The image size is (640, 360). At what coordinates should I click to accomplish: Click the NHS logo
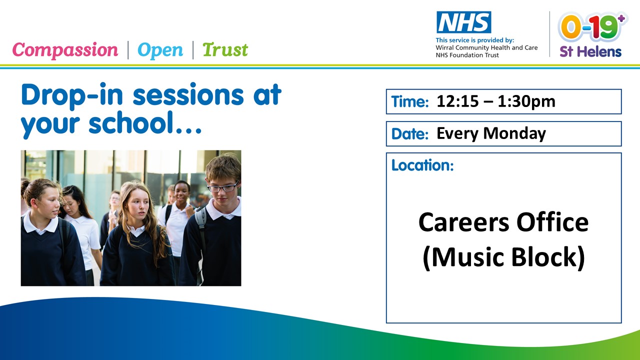pyautogui.click(x=463, y=22)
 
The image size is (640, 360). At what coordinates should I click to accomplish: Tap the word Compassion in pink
pyautogui.click(x=65, y=50)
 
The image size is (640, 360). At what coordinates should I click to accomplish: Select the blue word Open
pyautogui.click(x=160, y=50)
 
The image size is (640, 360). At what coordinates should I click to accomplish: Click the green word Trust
pyautogui.click(x=225, y=50)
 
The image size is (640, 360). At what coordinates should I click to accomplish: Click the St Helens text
pyautogui.click(x=590, y=51)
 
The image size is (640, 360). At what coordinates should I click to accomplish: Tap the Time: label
pyautogui.click(x=410, y=101)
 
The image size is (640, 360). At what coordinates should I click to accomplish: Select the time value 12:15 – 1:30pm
pyautogui.click(x=496, y=101)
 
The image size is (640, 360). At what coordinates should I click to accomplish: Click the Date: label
pyautogui.click(x=410, y=133)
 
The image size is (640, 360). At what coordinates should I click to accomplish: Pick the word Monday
pyautogui.click(x=514, y=133)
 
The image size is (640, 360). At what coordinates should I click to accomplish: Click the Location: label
pyautogui.click(x=422, y=165)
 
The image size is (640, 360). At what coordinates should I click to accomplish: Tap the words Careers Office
pyautogui.click(x=503, y=222)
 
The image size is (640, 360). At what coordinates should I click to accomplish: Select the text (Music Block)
pyautogui.click(x=503, y=257)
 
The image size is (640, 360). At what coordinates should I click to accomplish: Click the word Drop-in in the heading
pyautogui.click(x=72, y=95)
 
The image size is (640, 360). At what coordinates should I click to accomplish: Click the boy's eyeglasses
pyautogui.click(x=223, y=187)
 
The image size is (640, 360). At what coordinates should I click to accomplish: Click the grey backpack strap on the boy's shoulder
pyautogui.click(x=201, y=225)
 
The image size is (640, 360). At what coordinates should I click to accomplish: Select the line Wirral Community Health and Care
pyautogui.click(x=486, y=47)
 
